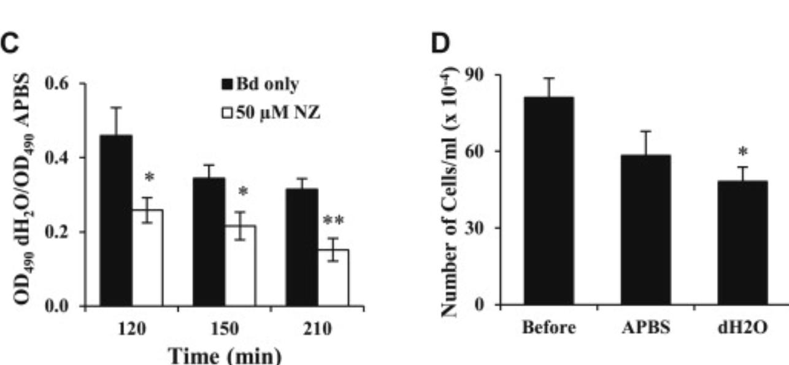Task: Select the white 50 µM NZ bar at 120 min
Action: [147, 258]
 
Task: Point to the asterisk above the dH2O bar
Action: [741, 152]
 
